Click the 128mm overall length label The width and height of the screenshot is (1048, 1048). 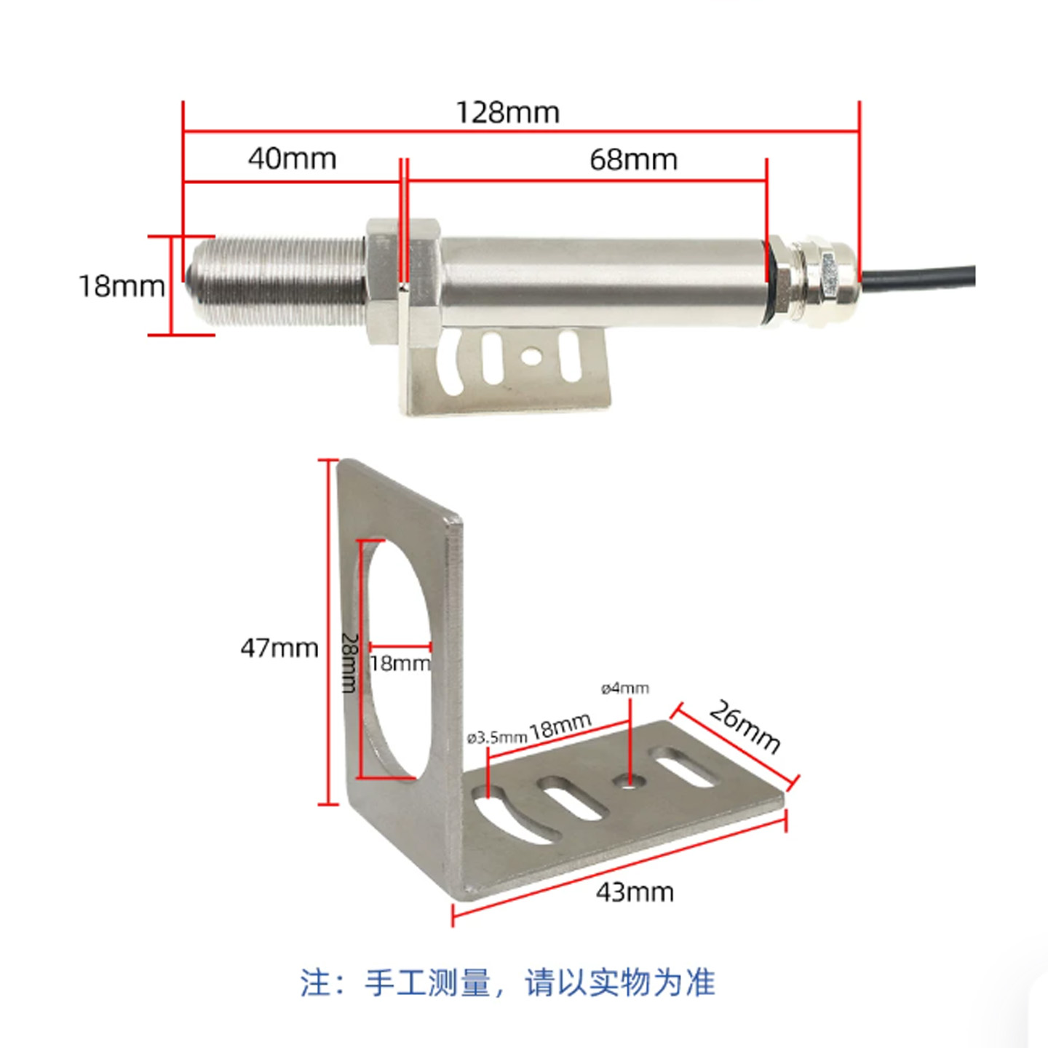[507, 113]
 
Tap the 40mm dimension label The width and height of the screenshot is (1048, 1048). [292, 159]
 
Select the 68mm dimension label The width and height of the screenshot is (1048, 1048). [634, 160]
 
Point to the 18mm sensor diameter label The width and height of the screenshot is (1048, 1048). [122, 286]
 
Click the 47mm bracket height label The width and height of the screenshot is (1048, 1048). [279, 648]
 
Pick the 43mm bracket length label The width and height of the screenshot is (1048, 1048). [635, 892]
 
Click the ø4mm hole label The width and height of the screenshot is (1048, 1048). [625, 689]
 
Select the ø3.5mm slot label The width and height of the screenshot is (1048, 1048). [497, 738]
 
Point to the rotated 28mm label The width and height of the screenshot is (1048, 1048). [349, 662]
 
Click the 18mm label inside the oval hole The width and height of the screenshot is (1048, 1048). [400, 664]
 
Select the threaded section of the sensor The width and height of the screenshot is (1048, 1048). [277, 281]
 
